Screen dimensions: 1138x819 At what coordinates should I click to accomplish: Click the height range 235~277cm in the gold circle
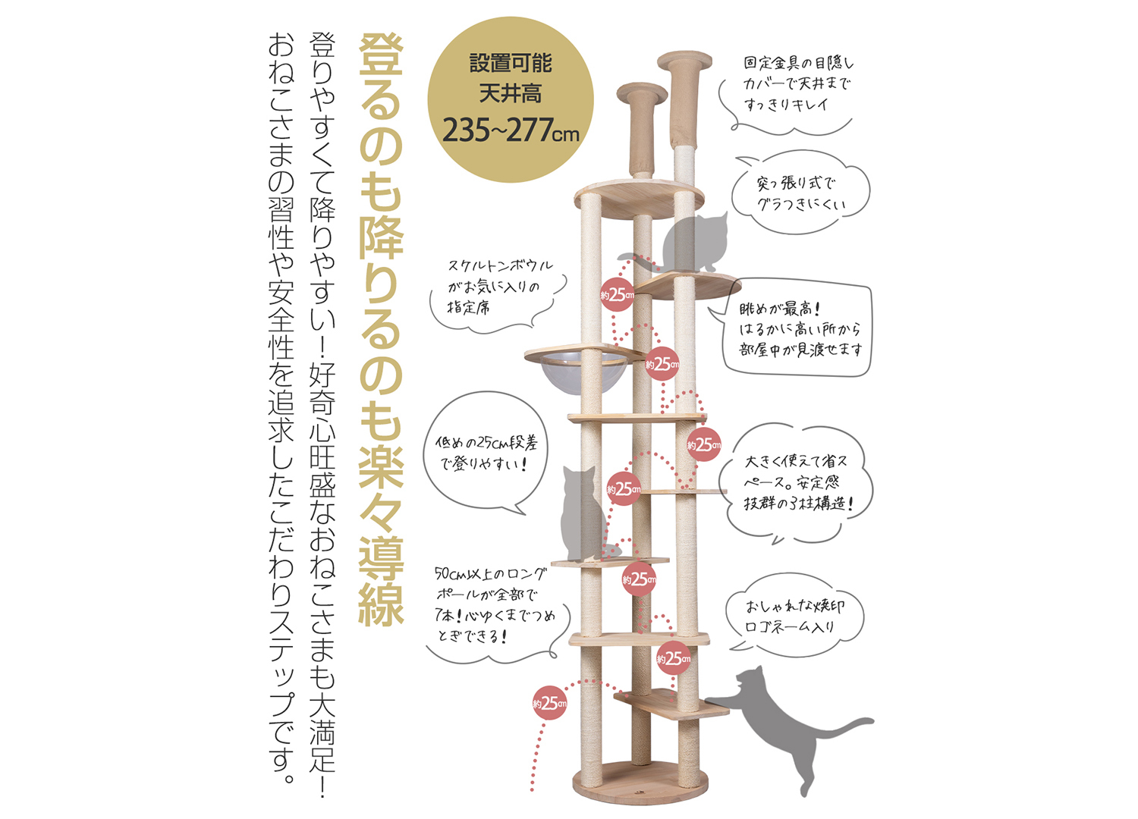(511, 130)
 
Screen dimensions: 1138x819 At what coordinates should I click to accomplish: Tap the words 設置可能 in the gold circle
(511, 63)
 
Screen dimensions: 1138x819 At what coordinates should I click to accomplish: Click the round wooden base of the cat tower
(640, 783)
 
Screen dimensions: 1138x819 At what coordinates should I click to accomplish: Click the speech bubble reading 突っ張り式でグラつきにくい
(800, 193)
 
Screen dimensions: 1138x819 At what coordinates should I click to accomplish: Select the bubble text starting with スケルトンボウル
(501, 287)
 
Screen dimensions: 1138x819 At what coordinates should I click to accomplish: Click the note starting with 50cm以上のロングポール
(495, 604)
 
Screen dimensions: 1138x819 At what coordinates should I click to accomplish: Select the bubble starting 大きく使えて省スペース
(797, 482)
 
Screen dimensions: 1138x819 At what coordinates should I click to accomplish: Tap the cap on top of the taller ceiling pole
(684, 61)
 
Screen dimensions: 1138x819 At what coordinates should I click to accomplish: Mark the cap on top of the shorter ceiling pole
(642, 93)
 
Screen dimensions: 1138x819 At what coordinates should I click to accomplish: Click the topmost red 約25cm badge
(618, 294)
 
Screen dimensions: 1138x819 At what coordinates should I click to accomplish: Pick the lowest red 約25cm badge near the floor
(550, 703)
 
